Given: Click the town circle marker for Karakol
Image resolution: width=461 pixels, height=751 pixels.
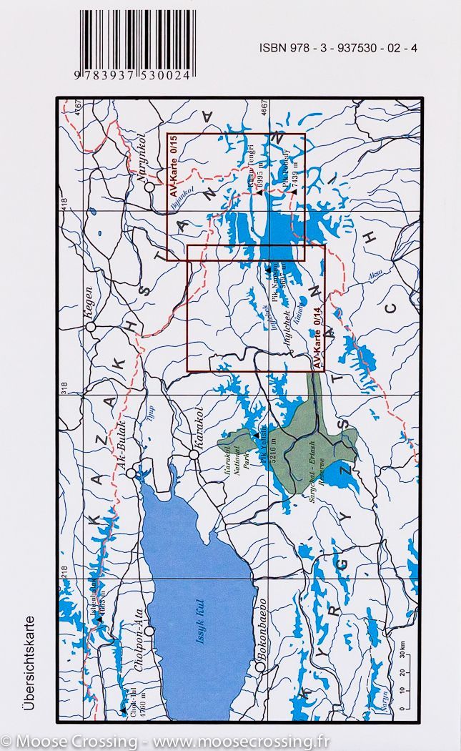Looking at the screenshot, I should click(193, 454).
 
